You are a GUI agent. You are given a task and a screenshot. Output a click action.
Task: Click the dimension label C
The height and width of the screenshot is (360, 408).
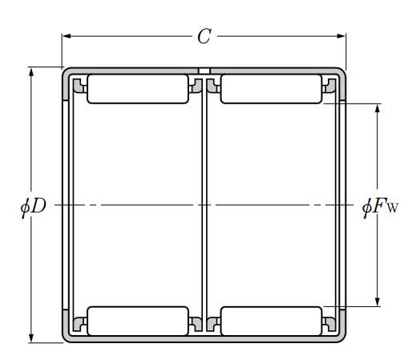point(204,36)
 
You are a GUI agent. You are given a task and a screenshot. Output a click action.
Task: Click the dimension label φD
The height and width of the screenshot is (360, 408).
point(34,206)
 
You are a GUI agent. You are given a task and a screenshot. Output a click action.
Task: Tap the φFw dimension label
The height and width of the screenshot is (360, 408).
point(380,207)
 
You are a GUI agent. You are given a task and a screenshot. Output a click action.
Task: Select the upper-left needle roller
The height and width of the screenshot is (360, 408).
point(138,89)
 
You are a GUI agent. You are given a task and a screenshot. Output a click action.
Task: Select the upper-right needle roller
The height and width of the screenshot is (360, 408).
point(271,89)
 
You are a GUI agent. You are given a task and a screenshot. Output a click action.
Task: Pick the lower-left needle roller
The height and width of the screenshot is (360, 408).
point(138,321)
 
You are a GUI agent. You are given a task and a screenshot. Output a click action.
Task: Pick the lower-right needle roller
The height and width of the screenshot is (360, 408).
point(271,321)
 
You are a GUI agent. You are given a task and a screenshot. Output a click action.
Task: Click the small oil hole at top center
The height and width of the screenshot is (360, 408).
point(204,71)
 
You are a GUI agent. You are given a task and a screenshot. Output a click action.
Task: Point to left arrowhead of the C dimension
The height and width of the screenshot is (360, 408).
point(67,36)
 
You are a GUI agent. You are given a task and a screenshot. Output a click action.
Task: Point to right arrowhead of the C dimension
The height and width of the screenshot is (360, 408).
point(341,36)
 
